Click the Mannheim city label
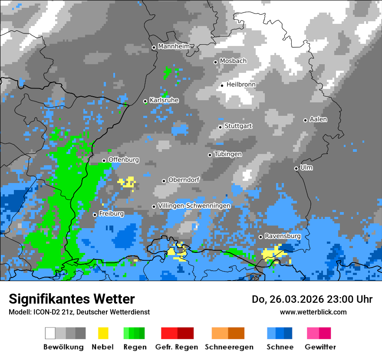click(x=174, y=46)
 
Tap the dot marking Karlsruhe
click(x=145, y=101)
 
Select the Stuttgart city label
click(x=238, y=126)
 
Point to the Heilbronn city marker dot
click(x=222, y=85)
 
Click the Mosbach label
click(x=233, y=61)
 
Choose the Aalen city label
click(x=318, y=119)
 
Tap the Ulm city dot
click(x=296, y=168)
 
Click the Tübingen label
click(x=228, y=154)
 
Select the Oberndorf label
click(x=184, y=180)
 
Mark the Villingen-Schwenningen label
click(x=194, y=206)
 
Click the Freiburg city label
click(x=111, y=214)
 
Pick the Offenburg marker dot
click(x=104, y=160)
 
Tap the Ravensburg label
click(x=283, y=236)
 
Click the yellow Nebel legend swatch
click(x=103, y=333)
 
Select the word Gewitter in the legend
click(x=320, y=347)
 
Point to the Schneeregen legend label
click(x=229, y=347)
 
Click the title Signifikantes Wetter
click(x=72, y=299)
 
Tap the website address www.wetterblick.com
click(x=313, y=312)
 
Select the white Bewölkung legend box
click(x=50, y=333)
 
